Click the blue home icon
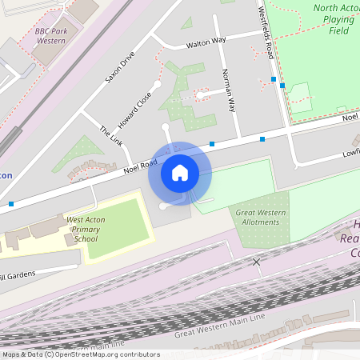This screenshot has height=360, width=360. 180,173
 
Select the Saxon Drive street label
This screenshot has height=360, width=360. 120,69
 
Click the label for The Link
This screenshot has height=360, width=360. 111,134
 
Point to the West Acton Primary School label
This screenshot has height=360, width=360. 85,229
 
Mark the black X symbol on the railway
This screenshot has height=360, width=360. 257,262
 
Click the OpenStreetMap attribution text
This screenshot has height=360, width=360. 80,354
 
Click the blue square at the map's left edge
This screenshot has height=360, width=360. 11,204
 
